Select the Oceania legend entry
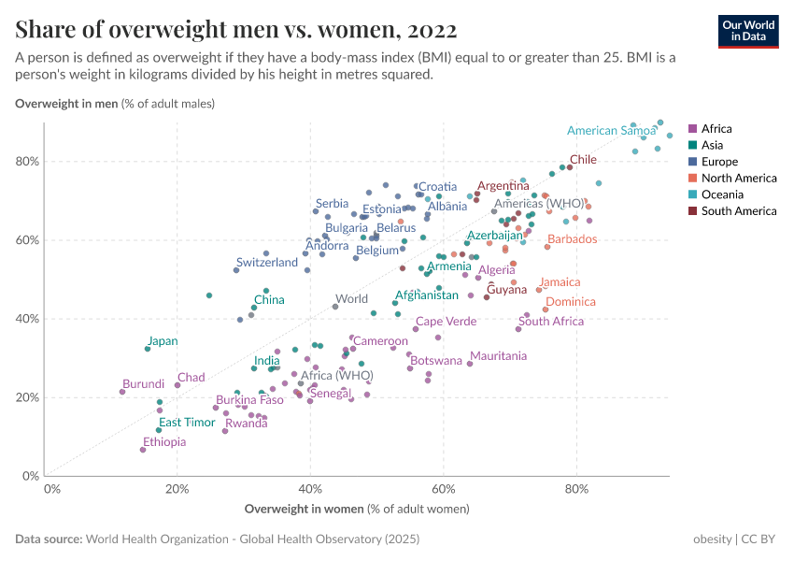point(720,194)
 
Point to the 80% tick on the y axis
point(26,161)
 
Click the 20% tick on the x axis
point(178,488)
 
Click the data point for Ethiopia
point(143,450)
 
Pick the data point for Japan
point(148,349)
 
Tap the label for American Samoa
point(611,131)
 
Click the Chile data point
point(570,167)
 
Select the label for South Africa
point(551,322)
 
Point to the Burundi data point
point(122,392)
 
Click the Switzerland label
point(267,263)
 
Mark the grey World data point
point(335,307)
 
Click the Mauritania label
point(499,356)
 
